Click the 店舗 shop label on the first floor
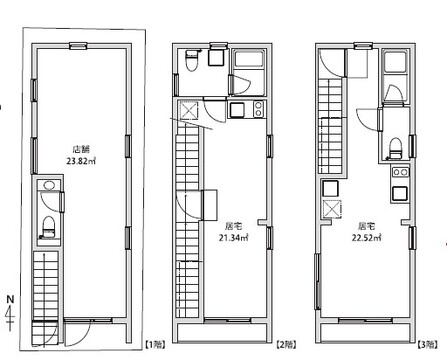coord(82,149)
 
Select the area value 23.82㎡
coord(81,162)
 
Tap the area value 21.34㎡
coord(234,238)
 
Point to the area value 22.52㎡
coord(367,238)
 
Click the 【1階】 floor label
coord(155,345)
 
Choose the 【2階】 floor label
coord(287,345)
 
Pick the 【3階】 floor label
coord(427,345)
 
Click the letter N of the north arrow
coord(11,299)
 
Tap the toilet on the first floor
coord(49,227)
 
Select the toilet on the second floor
coord(191,61)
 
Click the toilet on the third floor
coord(395,149)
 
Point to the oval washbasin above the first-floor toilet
coord(49,185)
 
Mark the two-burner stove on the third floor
coord(400,172)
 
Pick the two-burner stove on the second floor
coord(258,109)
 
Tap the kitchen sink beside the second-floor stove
coord(236,110)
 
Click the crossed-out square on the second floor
coord(189,110)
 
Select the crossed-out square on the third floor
coord(332,209)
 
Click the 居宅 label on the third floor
coord(366,227)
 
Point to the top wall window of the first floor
coord(78,46)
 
